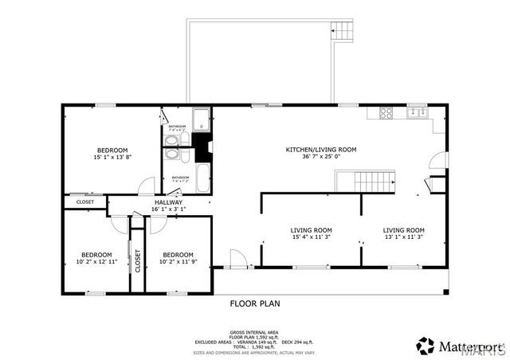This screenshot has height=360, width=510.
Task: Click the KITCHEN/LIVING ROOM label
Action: tap(321, 149)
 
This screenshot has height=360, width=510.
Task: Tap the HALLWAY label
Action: tap(169, 202)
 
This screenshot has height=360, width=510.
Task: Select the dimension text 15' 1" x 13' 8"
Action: tap(112, 157)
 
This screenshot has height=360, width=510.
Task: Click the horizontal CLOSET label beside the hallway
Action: tap(85, 202)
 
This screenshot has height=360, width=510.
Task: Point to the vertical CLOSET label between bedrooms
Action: tap(137, 261)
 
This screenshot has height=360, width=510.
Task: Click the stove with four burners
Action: tap(386, 113)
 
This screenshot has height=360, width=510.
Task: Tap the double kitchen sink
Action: tap(416, 113)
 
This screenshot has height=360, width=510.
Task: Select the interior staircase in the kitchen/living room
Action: tap(375, 182)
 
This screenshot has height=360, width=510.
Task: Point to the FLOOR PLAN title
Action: tap(255, 303)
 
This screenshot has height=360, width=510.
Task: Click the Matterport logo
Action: tap(457, 346)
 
